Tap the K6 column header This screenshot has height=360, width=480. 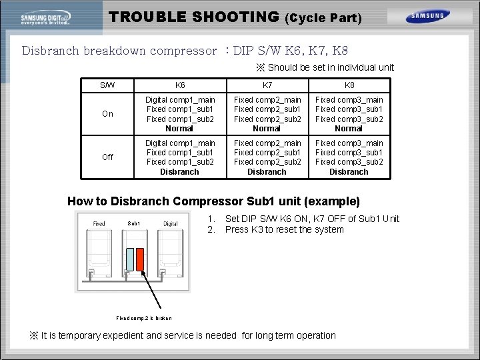(x=180, y=85)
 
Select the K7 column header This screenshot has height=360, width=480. (x=267, y=85)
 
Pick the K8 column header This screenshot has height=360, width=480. (x=349, y=85)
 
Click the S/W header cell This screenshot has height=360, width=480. (x=107, y=85)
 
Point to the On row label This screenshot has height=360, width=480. (x=107, y=114)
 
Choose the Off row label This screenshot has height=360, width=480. (x=107, y=157)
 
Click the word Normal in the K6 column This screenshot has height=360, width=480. (x=179, y=129)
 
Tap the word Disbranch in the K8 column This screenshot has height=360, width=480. (x=349, y=172)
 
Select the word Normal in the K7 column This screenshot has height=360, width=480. (x=267, y=129)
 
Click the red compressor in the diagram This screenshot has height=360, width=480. (x=140, y=259)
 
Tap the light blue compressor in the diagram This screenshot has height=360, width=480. (x=129, y=259)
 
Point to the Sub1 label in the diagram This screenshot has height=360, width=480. (x=133, y=223)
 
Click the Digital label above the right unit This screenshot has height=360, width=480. (x=171, y=223)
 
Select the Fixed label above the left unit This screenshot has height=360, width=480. (x=99, y=223)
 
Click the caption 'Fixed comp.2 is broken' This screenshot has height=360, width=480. (x=143, y=319)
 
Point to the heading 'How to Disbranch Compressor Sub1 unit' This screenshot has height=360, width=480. (x=213, y=201)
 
